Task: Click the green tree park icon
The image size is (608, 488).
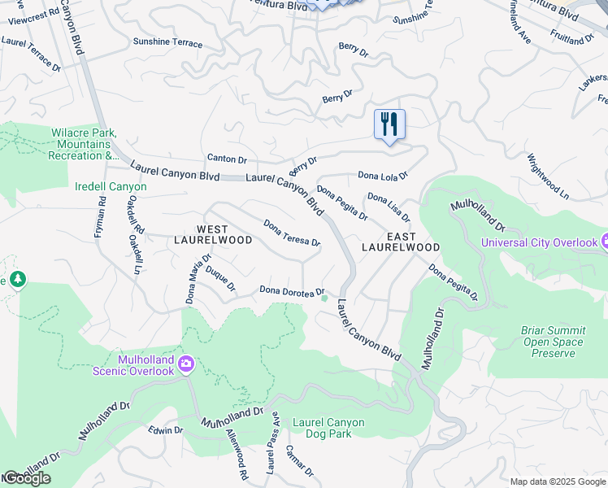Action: click(x=15, y=280)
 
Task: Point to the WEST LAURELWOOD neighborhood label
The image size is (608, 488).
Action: click(x=213, y=235)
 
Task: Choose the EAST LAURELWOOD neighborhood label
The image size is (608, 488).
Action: click(x=401, y=242)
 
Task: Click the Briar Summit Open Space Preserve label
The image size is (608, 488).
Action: click(x=553, y=342)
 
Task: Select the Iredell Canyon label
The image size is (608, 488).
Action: click(x=111, y=187)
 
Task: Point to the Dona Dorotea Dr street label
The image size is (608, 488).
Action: click(x=292, y=290)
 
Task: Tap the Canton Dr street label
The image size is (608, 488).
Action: click(x=227, y=159)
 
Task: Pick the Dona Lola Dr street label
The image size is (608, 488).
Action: click(x=382, y=175)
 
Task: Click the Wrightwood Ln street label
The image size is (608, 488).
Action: click(x=548, y=176)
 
